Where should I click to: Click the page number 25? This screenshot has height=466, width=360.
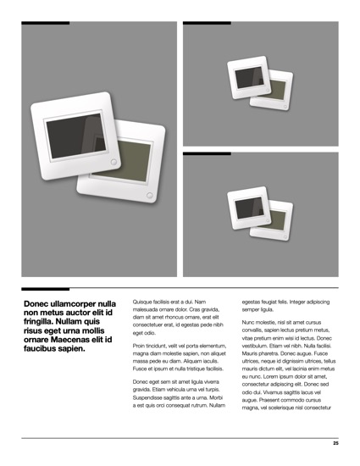(335, 443)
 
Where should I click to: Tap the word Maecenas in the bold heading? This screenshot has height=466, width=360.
(67, 340)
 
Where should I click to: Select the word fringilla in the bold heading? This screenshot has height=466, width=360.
(37, 322)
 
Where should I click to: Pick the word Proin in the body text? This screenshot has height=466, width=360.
(139, 346)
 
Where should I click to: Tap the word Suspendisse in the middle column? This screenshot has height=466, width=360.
(146, 397)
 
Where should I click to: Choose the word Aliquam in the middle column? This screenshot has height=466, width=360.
(193, 362)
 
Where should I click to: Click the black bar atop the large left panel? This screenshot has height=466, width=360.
(46, 23)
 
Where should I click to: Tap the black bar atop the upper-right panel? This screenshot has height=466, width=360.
(207, 23)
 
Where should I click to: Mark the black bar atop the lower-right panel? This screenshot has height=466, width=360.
(207, 153)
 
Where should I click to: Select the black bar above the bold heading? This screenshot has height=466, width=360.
(46, 289)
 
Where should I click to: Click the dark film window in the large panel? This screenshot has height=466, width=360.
(76, 136)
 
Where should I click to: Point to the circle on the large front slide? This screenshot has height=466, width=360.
(114, 162)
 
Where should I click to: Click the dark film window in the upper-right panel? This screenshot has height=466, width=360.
(249, 77)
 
